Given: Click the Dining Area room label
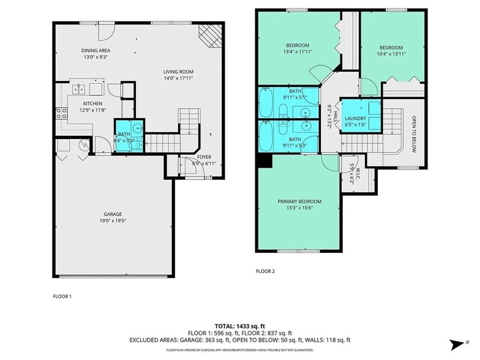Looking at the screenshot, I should point(96,51).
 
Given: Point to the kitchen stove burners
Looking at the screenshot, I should point(61,113).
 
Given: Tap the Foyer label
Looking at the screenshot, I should point(204,156).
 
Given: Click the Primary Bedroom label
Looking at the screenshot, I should point(299,201).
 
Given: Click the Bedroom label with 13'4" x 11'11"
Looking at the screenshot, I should point(298,45).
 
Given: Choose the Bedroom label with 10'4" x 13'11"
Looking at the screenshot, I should point(391,48).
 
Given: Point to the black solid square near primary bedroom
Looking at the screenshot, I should point(264,159).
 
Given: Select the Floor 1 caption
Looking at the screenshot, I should point(62,296).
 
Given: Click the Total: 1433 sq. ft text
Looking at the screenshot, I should point(239,326).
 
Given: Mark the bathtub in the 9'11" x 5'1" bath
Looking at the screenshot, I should point(267,103).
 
